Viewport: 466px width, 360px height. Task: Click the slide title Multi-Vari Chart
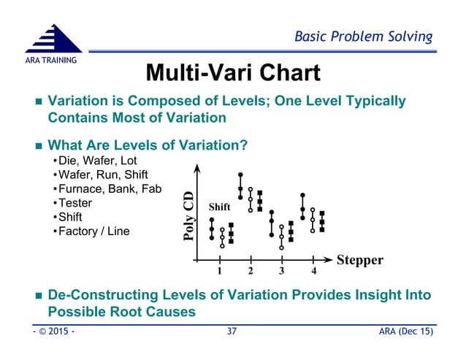(x=232, y=73)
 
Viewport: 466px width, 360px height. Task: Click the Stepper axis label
(x=359, y=259)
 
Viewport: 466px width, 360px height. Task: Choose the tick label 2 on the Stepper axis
(x=251, y=272)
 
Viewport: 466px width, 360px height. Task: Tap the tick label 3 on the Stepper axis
(x=282, y=272)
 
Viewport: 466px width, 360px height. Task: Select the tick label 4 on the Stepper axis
(x=313, y=272)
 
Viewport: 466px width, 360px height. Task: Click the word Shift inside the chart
(x=221, y=207)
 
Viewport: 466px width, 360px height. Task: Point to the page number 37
(x=232, y=333)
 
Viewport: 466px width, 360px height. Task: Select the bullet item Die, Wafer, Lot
(x=96, y=160)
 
